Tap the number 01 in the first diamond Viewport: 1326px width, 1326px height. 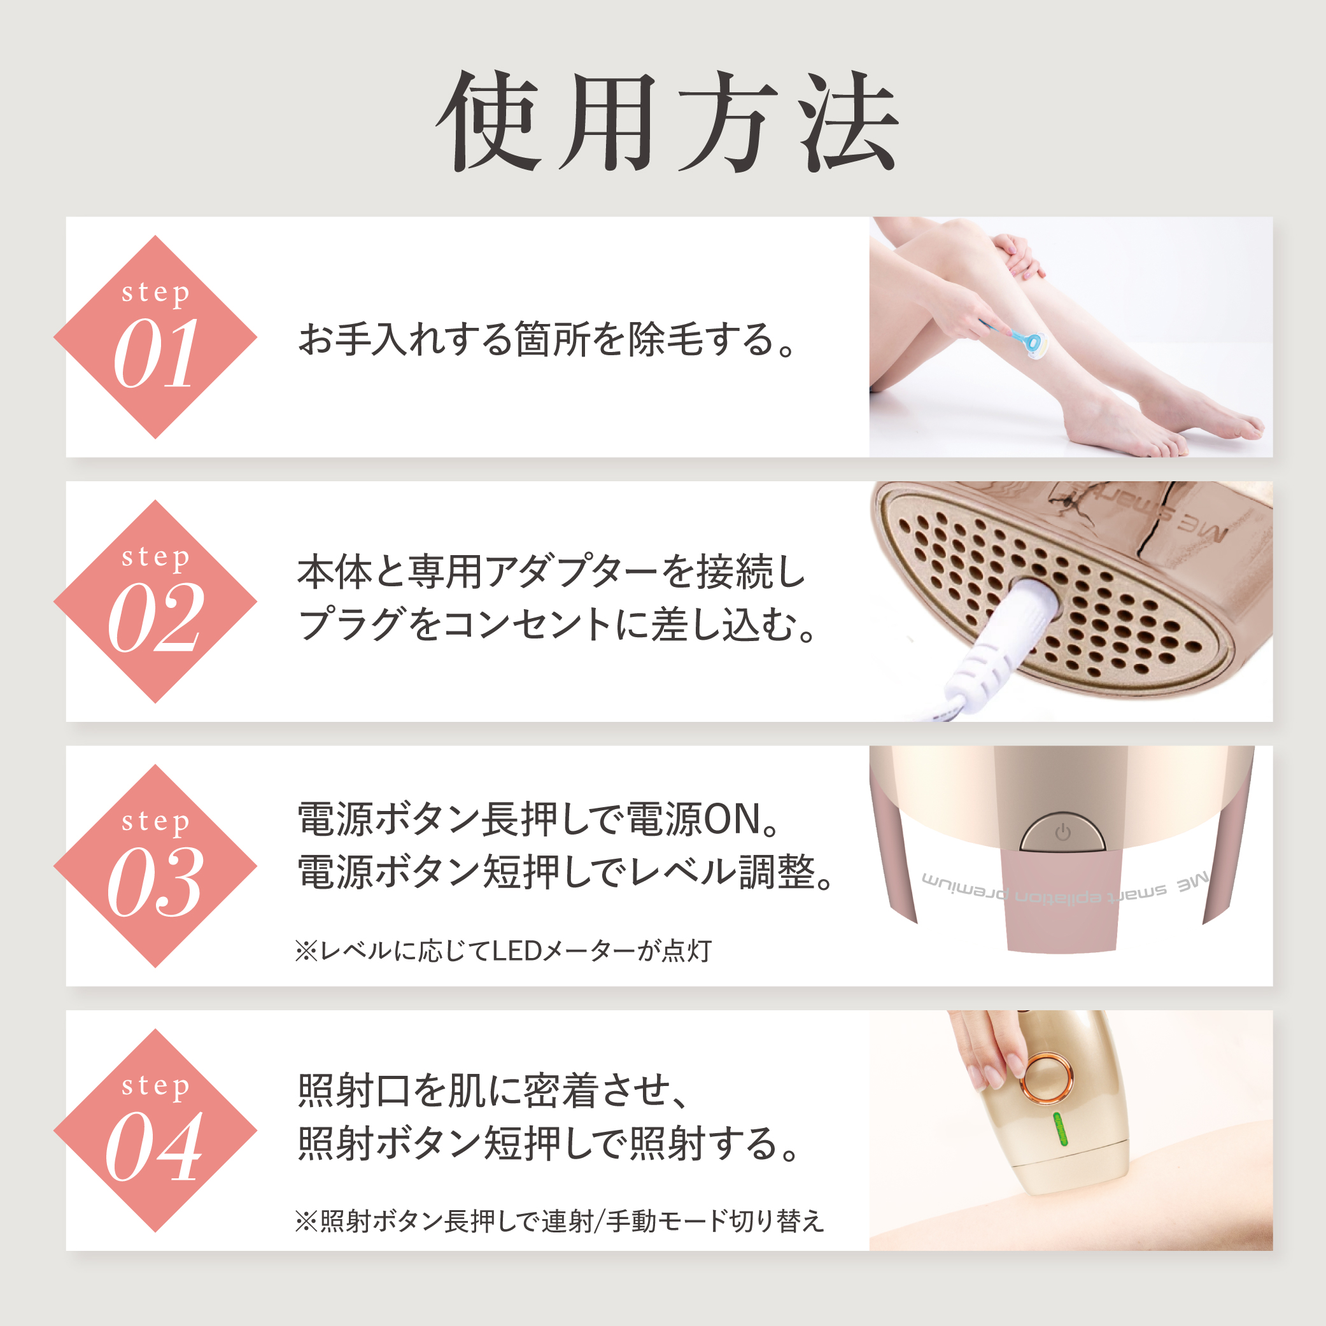click(x=156, y=354)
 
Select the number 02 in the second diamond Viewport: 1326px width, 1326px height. click(x=156, y=617)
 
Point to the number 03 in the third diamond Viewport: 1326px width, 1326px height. click(x=156, y=882)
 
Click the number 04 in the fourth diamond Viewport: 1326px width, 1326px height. click(x=155, y=1146)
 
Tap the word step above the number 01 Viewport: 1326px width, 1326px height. click(x=156, y=293)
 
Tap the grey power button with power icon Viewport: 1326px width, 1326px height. click(x=1062, y=833)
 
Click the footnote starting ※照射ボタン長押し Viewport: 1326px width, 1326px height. click(x=560, y=1221)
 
